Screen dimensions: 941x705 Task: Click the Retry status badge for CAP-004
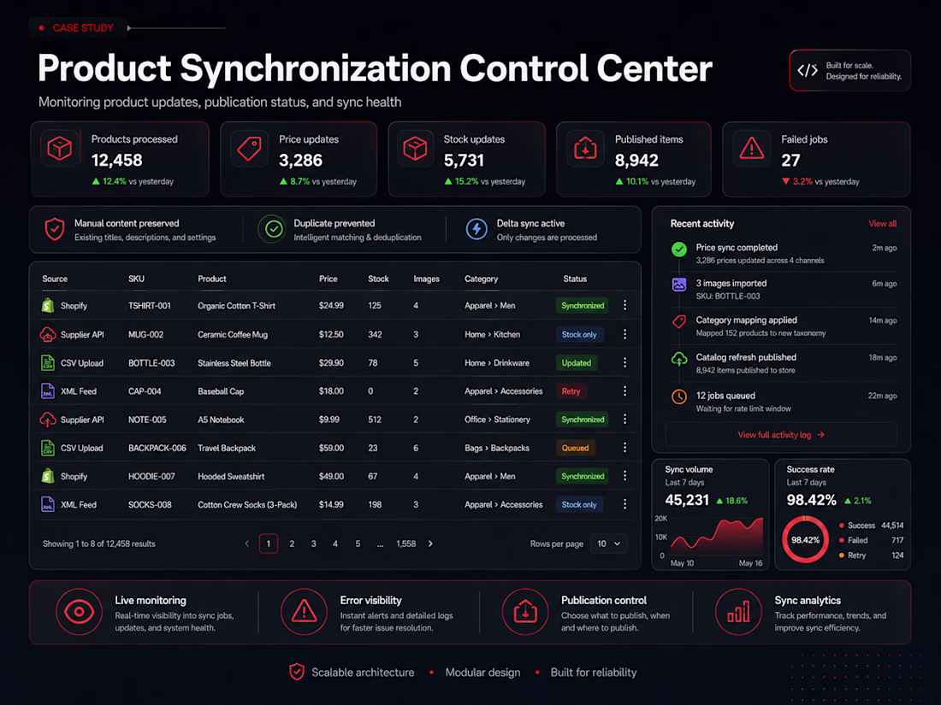pos(571,391)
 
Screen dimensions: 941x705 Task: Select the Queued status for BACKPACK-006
pos(575,448)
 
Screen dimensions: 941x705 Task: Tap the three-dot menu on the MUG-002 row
pos(624,334)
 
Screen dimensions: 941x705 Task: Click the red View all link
pos(882,224)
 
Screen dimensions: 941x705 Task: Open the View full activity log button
pos(781,435)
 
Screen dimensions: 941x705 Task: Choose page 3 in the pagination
pos(313,543)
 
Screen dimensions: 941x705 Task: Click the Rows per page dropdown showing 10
pos(608,543)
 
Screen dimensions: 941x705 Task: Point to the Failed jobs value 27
pos(790,161)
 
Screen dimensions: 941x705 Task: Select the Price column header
pos(328,279)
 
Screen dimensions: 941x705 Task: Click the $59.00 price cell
pos(331,448)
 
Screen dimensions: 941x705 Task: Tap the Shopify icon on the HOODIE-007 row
pos(48,476)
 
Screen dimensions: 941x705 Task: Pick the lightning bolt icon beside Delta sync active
pos(476,229)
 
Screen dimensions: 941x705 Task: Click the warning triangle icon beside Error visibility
pos(304,612)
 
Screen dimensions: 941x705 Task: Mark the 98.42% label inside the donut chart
pos(805,539)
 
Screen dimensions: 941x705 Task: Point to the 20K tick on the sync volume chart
pos(660,519)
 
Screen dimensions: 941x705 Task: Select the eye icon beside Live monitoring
pos(79,612)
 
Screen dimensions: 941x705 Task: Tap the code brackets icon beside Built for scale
pos(808,71)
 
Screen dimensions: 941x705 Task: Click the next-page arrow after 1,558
pos(430,543)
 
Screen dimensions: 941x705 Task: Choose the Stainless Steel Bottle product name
pos(234,362)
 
